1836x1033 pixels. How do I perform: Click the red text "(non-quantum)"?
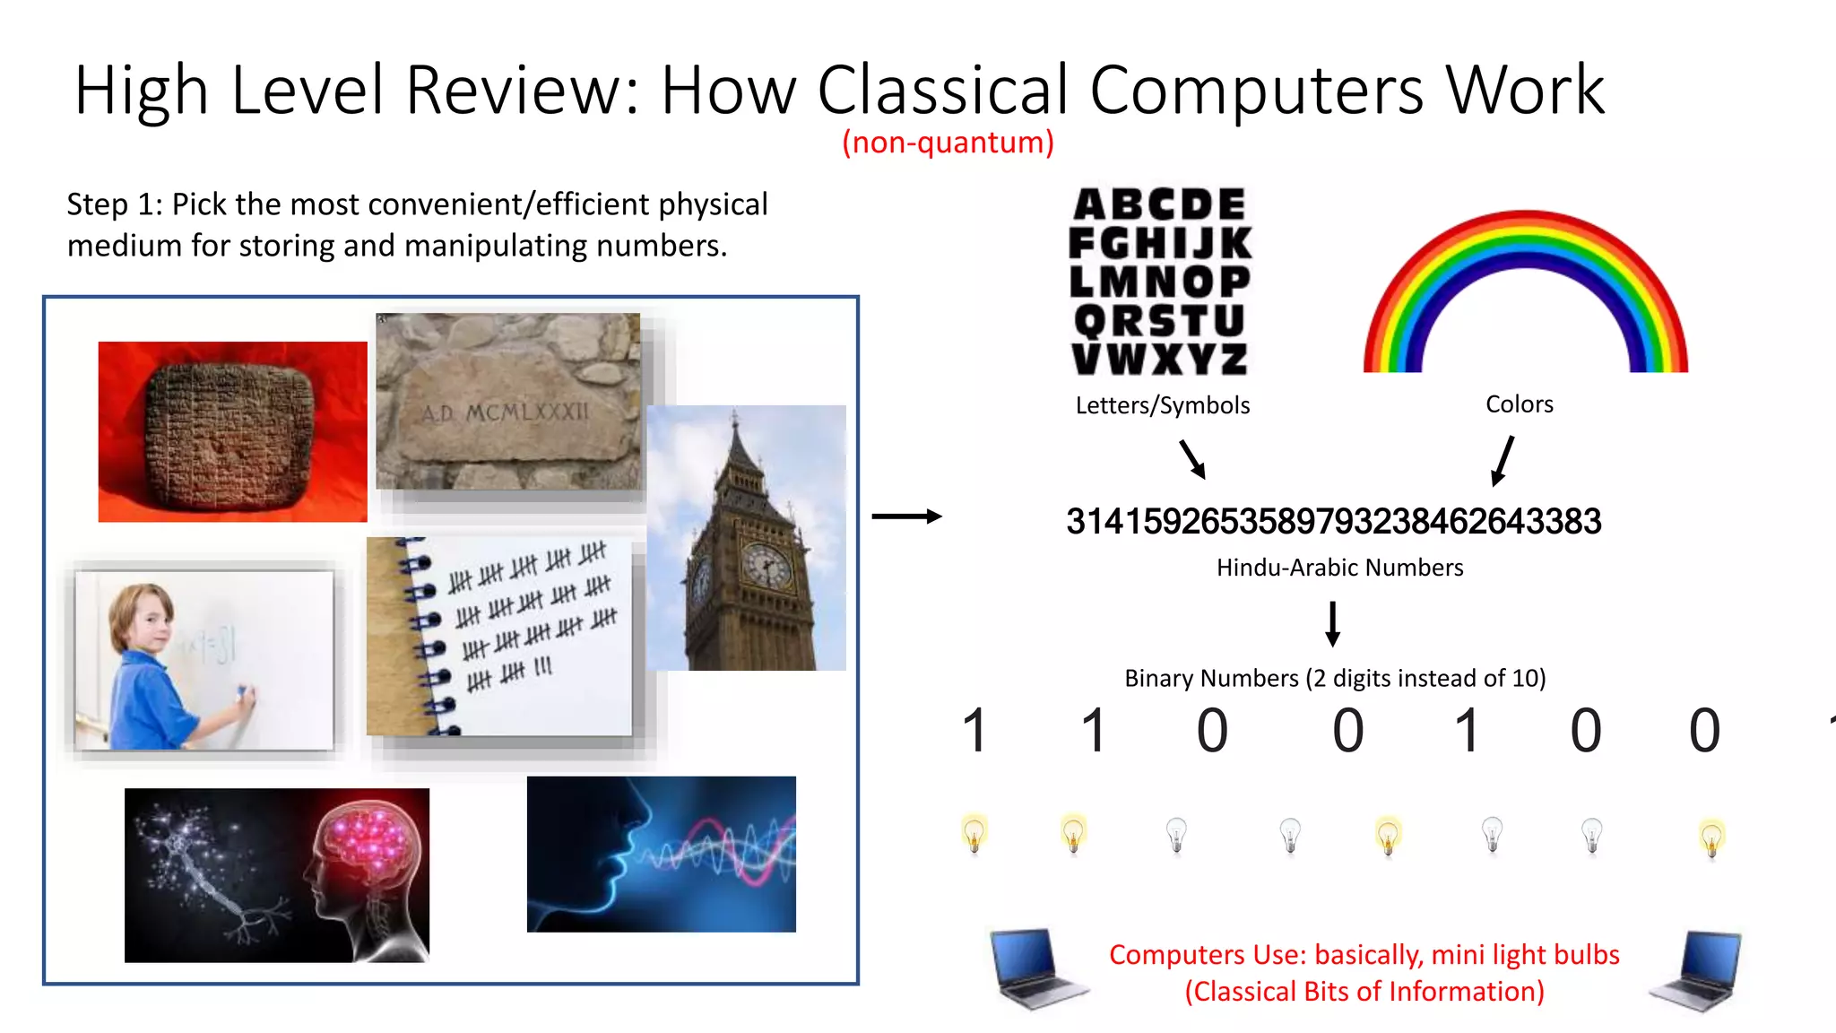pos(948,143)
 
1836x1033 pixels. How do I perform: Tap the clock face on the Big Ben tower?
pos(766,567)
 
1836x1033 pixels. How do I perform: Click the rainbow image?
pos(1525,291)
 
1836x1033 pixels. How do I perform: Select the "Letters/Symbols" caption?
pos(1162,405)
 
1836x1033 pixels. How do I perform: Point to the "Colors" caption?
pos(1519,404)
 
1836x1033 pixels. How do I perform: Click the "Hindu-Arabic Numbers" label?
pos(1339,568)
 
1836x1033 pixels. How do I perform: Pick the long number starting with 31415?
pos(1333,522)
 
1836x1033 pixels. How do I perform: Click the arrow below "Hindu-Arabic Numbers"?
pos(1333,624)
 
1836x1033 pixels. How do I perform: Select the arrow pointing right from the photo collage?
pos(906,516)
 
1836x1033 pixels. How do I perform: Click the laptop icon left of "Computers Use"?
pos(1037,968)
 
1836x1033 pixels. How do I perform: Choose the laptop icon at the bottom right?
pos(1696,970)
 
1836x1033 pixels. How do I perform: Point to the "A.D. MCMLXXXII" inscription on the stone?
pos(506,413)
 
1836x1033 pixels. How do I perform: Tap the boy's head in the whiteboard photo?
pos(142,616)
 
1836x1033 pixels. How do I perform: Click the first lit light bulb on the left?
pos(974,834)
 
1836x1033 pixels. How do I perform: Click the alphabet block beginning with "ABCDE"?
pos(1160,282)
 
